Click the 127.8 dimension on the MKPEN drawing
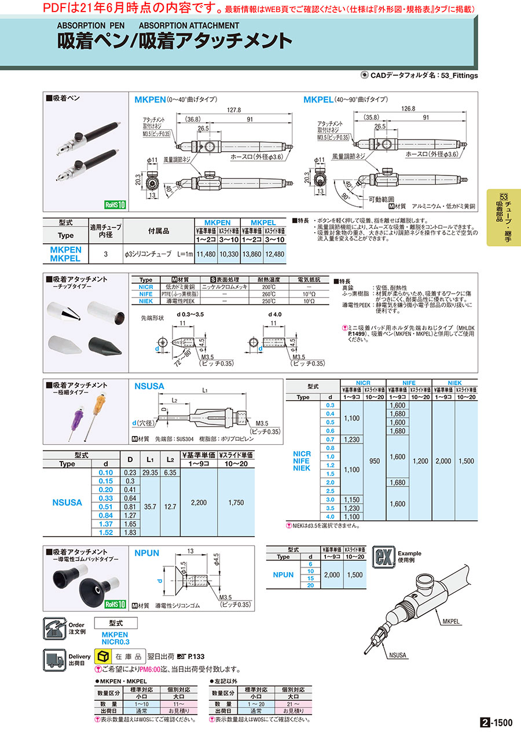(234, 109)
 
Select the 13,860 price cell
(254, 254)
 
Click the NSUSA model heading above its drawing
(149, 386)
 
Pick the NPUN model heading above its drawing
(147, 554)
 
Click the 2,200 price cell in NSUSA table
(199, 503)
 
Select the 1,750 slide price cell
(236, 503)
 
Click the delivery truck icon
(55, 660)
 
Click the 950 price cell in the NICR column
(375, 461)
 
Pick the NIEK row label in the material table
(146, 302)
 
